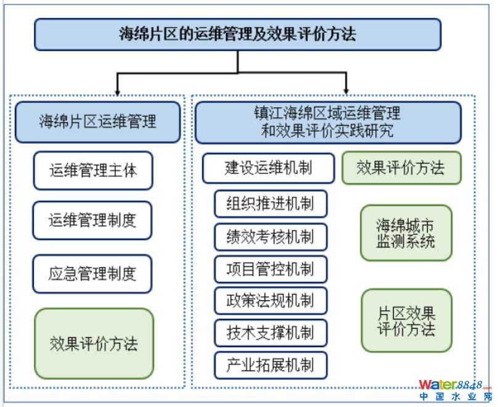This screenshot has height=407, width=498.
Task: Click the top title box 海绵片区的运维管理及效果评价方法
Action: [237, 34]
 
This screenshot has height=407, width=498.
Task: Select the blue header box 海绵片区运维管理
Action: [97, 121]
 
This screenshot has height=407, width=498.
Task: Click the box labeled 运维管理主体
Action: [92, 170]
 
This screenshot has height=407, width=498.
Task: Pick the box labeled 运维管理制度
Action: [92, 220]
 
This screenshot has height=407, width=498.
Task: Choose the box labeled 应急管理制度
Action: [92, 274]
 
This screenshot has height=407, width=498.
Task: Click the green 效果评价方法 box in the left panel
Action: [94, 343]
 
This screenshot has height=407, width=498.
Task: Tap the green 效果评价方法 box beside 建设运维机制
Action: [401, 168]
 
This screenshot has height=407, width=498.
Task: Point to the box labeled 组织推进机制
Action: [271, 204]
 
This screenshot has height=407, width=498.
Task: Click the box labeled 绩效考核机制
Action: [271, 237]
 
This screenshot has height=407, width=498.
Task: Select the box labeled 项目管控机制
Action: [271, 269]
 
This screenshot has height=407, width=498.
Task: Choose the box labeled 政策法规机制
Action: [271, 301]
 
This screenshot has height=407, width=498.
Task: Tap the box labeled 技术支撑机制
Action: [271, 333]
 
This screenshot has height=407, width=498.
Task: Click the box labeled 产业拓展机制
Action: [271, 365]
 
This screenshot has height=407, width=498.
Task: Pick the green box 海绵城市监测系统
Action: [406, 233]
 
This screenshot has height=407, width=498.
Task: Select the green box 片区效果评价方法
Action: [406, 320]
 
